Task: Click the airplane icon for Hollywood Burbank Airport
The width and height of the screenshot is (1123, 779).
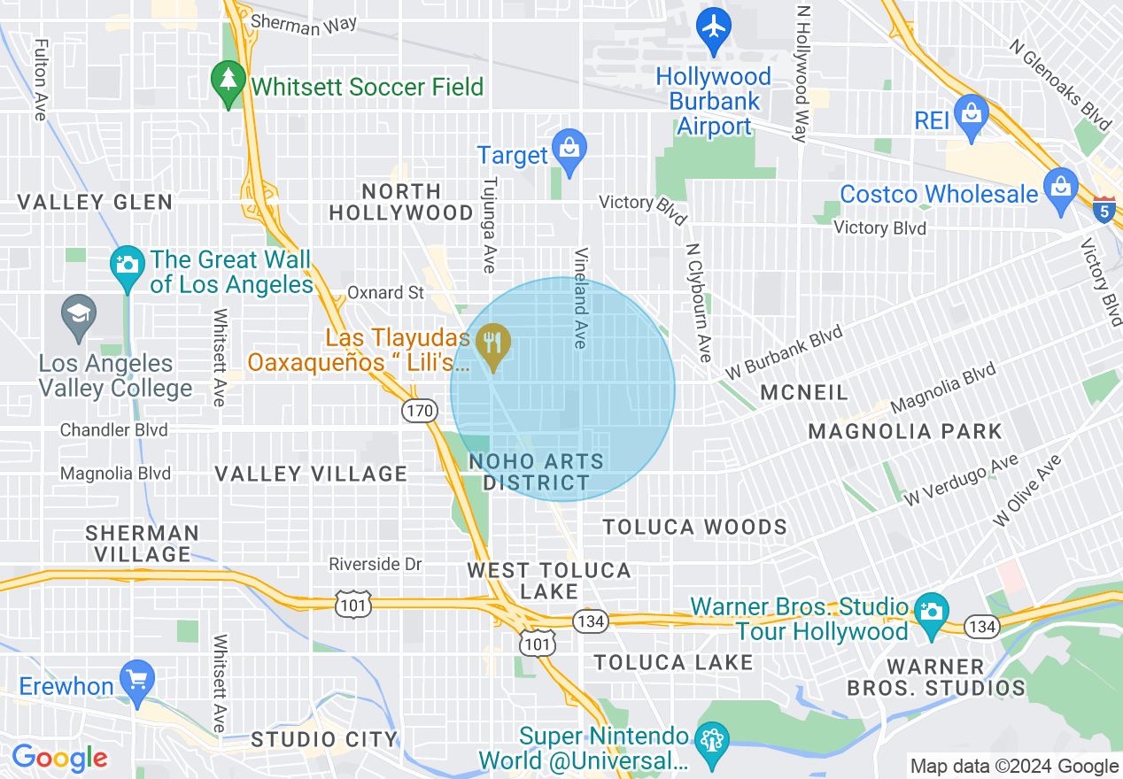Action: (714, 26)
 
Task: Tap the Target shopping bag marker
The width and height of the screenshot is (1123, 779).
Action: (569, 150)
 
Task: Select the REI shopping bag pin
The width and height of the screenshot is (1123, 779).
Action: (972, 116)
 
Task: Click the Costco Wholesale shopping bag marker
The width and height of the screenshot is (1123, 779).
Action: (1059, 190)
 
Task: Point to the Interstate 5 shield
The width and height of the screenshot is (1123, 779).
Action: (1104, 211)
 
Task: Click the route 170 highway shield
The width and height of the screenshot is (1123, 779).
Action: (419, 410)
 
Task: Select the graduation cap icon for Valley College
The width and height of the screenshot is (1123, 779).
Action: (79, 315)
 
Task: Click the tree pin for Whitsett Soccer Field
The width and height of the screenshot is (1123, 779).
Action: (229, 82)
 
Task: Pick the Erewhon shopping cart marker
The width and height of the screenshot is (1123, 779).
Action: (137, 682)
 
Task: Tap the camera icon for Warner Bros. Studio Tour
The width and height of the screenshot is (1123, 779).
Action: (930, 613)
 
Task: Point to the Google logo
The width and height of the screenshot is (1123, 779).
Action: (60, 758)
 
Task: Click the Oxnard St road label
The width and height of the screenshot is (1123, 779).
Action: (385, 292)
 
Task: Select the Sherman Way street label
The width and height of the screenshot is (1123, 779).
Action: (304, 24)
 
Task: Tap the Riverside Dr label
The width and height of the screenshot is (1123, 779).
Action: (376, 564)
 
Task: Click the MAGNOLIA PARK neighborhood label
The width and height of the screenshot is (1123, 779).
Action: (905, 432)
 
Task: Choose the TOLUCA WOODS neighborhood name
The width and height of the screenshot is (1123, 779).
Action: (695, 528)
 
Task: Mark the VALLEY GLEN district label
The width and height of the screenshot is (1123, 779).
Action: (96, 202)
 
